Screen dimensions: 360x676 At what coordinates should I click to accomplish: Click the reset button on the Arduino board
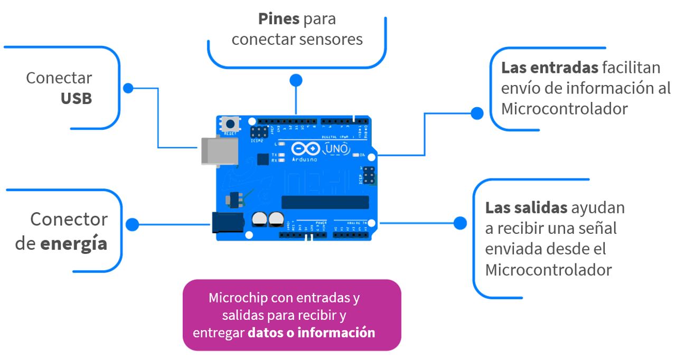[x=231, y=124]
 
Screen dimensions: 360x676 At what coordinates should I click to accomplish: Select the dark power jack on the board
[x=227, y=222]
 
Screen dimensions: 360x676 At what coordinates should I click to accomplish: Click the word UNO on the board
[x=337, y=149]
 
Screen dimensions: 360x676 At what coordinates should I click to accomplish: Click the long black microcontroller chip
[x=324, y=202]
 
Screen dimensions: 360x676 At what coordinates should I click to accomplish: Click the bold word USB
[x=76, y=99]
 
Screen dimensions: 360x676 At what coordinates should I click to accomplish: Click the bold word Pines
[x=279, y=19]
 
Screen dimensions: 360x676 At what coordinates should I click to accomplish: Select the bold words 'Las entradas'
[x=549, y=68]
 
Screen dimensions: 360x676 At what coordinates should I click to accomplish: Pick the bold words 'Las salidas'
[x=526, y=207]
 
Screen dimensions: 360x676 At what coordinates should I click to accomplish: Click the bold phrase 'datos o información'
[x=311, y=333]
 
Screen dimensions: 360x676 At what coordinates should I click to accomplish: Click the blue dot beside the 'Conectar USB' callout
[x=128, y=88]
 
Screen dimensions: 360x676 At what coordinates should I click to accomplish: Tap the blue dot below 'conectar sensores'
[x=296, y=80]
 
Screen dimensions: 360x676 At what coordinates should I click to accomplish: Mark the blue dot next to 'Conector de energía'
[x=132, y=225]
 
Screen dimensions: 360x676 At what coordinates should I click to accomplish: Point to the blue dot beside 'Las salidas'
[x=460, y=223]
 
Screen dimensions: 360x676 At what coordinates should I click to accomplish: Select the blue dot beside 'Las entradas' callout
[x=477, y=113]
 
